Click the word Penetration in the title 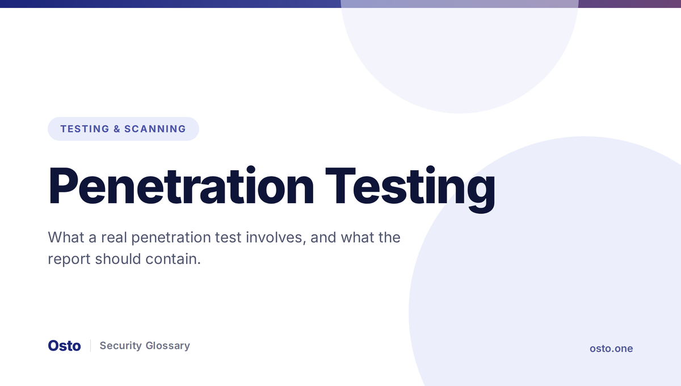point(181,186)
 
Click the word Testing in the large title point(410,189)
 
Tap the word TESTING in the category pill point(85,129)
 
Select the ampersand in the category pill point(117,129)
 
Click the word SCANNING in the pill point(155,129)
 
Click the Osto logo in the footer point(65,346)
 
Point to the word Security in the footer point(121,346)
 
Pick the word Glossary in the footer point(168,346)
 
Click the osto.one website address point(611,349)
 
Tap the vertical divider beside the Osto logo point(91,346)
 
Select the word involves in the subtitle point(276,238)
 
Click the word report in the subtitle point(69,259)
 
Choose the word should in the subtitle point(118,259)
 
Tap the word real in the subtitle point(114,237)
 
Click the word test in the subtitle point(228,238)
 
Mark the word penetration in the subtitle point(171,238)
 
